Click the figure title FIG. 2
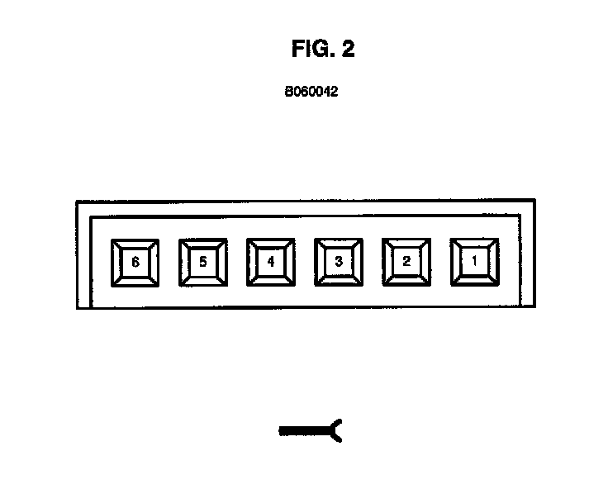(x=323, y=50)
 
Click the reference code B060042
(x=311, y=93)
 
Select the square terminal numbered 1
(x=474, y=263)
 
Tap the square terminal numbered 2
(x=406, y=263)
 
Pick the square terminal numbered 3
(x=339, y=263)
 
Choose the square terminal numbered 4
(x=271, y=263)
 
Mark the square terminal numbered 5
(x=203, y=263)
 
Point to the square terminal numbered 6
(x=135, y=263)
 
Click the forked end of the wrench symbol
(x=337, y=429)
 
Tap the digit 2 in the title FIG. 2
(x=347, y=50)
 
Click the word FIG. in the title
(x=311, y=50)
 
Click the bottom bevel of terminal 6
(x=135, y=280)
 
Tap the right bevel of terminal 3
(x=357, y=263)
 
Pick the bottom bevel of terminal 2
(x=406, y=280)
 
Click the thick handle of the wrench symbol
(x=304, y=429)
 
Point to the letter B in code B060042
(x=289, y=93)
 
